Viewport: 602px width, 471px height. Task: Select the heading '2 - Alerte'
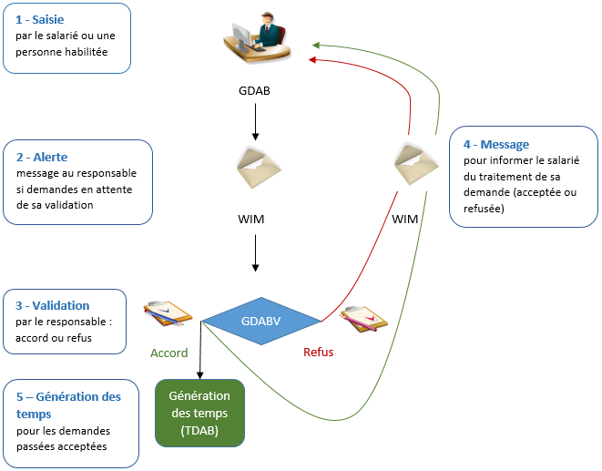pyautogui.click(x=42, y=157)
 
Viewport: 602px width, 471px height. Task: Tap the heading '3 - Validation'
pyautogui.click(x=53, y=305)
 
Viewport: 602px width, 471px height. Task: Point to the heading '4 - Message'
pyautogui.click(x=495, y=144)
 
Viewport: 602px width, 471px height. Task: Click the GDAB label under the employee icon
pyautogui.click(x=255, y=91)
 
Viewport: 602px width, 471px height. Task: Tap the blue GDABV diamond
pyautogui.click(x=261, y=321)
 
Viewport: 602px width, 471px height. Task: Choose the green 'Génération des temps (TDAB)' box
pyautogui.click(x=199, y=414)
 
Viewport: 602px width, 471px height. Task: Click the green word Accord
pyautogui.click(x=169, y=353)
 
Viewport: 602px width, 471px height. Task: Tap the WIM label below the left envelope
pyautogui.click(x=255, y=220)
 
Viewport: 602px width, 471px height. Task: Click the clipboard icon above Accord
pyautogui.click(x=168, y=312)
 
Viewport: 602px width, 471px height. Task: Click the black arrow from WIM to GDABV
pyautogui.click(x=255, y=254)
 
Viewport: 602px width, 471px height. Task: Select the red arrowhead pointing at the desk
pyautogui.click(x=312, y=60)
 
